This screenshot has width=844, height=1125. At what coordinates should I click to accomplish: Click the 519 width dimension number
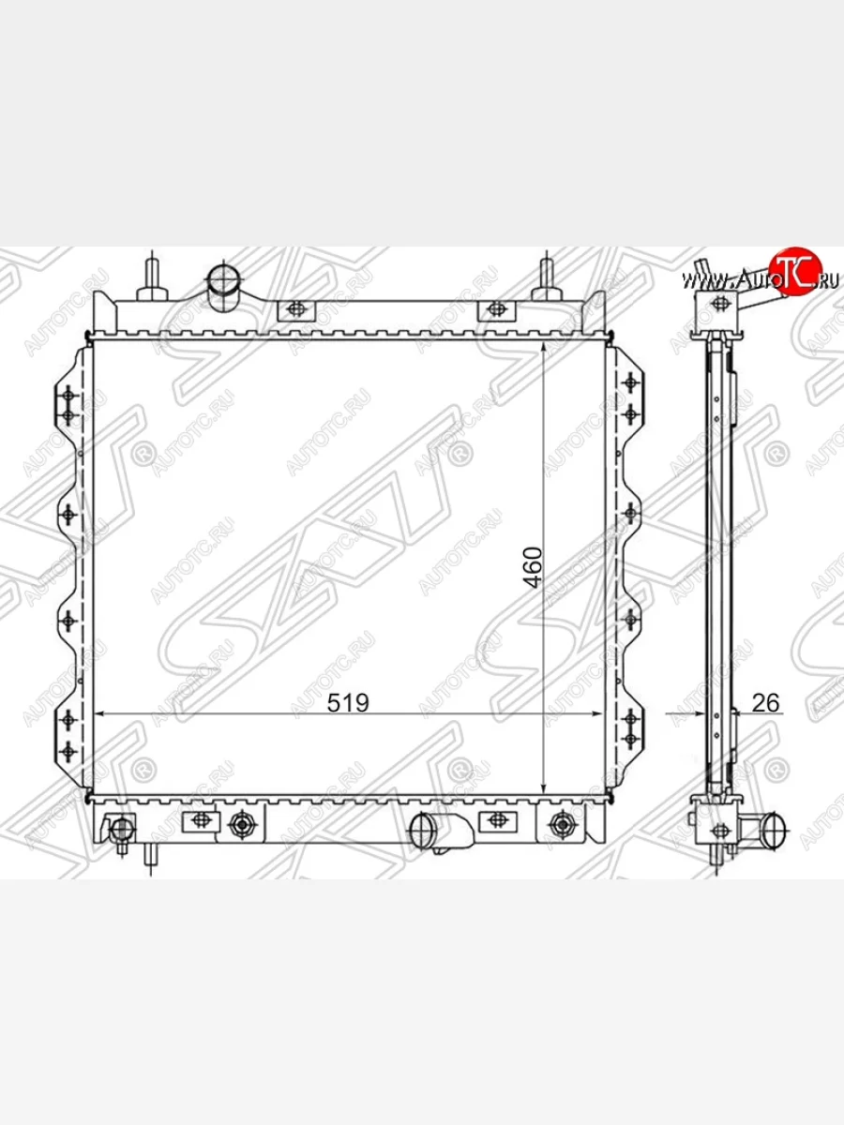point(348,703)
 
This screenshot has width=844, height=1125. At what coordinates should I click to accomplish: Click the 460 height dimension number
point(533,568)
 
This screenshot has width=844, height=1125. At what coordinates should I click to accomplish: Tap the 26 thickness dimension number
point(765,703)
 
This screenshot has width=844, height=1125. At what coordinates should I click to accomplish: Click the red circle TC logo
point(795,272)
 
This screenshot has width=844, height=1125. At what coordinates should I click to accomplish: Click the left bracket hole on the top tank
point(296,309)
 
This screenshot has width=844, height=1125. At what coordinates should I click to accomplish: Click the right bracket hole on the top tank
point(496,309)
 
